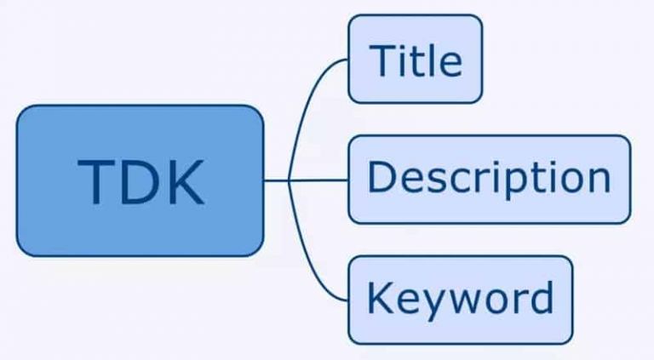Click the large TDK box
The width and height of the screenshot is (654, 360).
(141, 180)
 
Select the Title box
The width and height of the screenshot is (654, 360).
(416, 59)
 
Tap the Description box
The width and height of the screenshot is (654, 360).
(490, 180)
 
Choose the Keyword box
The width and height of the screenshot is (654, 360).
(461, 300)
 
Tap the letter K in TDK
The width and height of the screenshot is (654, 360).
(184, 181)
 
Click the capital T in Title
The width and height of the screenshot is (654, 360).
(384, 60)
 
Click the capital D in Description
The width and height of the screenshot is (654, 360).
(381, 177)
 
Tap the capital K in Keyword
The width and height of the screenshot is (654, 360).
(381, 297)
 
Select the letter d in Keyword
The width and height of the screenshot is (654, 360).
(541, 297)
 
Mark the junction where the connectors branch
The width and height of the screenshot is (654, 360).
(288, 180)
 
